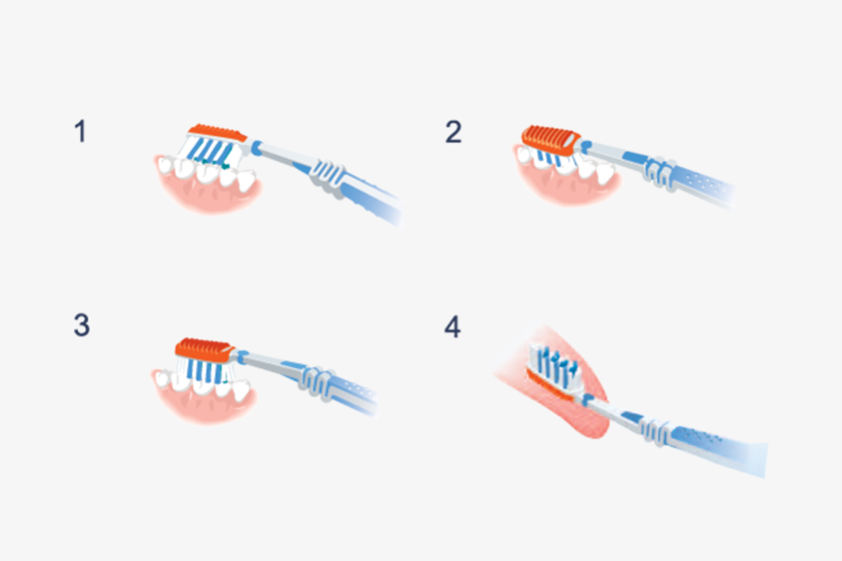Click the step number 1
click(x=81, y=131)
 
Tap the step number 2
click(x=453, y=131)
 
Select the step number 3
click(x=82, y=325)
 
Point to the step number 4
click(x=452, y=326)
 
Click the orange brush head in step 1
click(x=217, y=132)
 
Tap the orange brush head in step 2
click(x=551, y=139)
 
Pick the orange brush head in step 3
click(x=204, y=349)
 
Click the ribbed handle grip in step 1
click(x=328, y=175)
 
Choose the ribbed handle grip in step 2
click(x=660, y=172)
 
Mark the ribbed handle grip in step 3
click(x=317, y=382)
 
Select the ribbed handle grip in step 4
click(x=655, y=431)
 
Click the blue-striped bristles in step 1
click(x=212, y=150)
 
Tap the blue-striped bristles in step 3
click(x=205, y=371)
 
